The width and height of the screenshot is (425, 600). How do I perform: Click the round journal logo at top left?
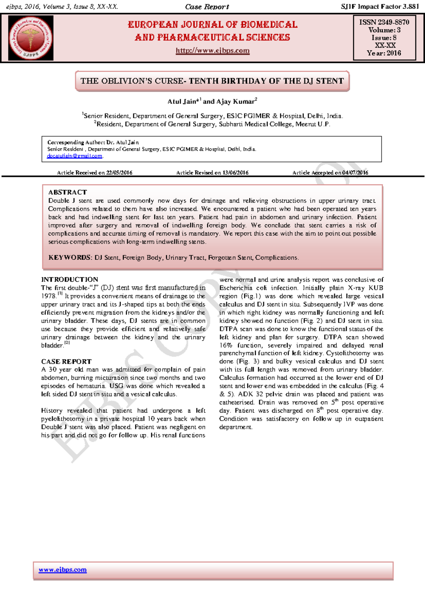(31, 38)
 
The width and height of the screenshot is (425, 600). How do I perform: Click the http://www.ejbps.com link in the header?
(212, 51)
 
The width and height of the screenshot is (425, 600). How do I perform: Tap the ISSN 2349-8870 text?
(384, 22)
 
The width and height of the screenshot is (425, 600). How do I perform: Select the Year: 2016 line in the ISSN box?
(384, 53)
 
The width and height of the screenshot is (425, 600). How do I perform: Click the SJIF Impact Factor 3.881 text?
(380, 6)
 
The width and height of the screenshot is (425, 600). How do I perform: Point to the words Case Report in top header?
(207, 7)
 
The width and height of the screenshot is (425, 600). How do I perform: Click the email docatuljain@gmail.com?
(74, 156)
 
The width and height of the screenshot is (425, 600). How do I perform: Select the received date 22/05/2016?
(119, 173)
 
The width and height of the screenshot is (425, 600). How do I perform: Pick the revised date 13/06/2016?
(236, 173)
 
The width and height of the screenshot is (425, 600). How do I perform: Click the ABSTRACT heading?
(68, 192)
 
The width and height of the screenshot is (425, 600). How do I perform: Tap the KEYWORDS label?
(70, 258)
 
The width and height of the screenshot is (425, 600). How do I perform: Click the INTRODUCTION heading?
(70, 279)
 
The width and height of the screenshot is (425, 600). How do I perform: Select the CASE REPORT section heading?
(66, 362)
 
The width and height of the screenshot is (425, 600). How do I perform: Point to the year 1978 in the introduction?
(49, 296)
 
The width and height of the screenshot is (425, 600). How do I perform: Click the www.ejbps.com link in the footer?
(63, 570)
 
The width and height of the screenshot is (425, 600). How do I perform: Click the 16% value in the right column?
(226, 345)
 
